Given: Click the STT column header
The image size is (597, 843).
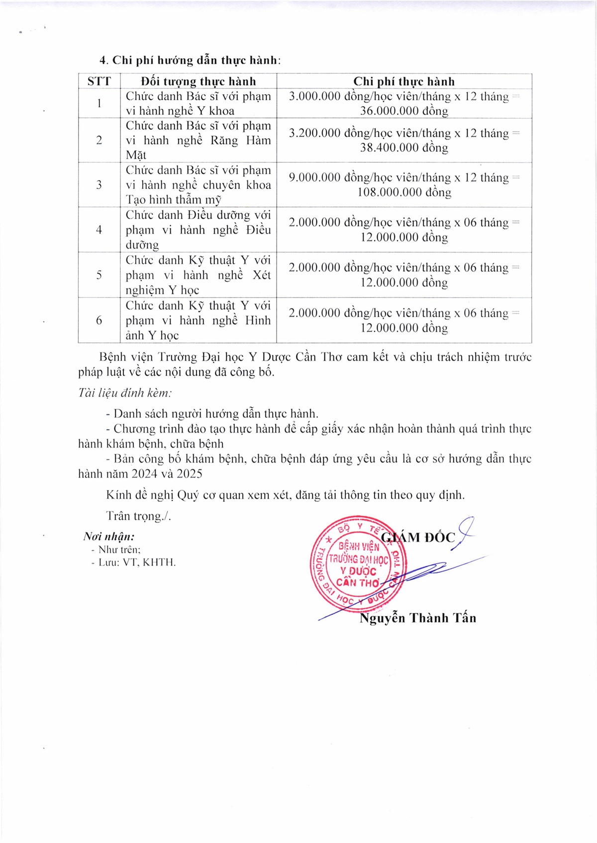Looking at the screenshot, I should pos(99,81).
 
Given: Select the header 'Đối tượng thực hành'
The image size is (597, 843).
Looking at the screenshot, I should pos(198,81).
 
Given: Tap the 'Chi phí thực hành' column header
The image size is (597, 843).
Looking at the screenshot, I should pos(404,81).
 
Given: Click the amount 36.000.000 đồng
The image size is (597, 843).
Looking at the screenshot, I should pos(404,111).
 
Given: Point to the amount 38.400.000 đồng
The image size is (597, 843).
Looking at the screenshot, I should pos(404,148).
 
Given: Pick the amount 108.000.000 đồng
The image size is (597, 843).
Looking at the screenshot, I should pos(404,193).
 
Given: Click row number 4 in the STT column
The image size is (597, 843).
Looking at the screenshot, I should pos(99,230).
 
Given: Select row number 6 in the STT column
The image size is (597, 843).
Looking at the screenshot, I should pos(99,320).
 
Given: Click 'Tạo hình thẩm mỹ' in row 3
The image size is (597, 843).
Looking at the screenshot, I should pos(174,200).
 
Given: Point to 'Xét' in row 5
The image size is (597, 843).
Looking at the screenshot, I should pos(261,275).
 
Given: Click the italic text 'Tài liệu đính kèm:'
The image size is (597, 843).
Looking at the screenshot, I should pos(125,393).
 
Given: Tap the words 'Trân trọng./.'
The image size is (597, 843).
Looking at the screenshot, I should pos(138,516).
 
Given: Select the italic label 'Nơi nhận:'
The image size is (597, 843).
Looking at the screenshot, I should pos(109,537).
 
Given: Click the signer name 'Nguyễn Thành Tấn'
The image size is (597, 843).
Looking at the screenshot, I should pos(417,618).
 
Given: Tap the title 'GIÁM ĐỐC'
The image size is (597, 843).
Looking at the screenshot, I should pos(418,537).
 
